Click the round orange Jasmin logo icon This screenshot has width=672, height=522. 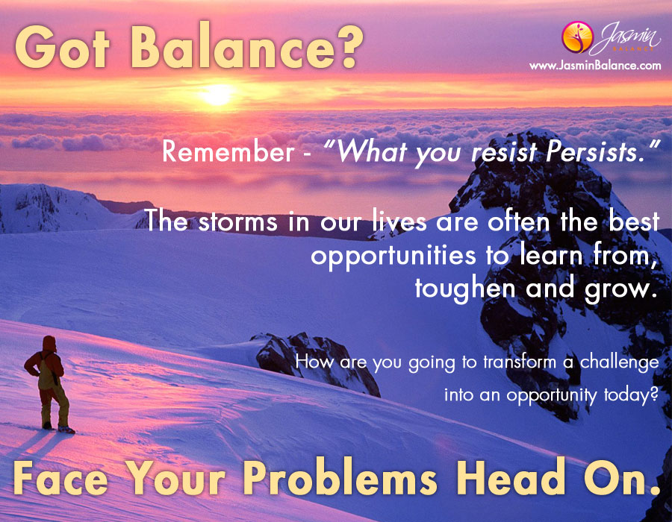[577, 37]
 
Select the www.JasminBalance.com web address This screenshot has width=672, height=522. [595, 66]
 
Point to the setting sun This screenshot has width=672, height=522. [218, 94]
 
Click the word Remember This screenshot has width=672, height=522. [228, 152]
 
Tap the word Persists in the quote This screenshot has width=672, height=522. [596, 151]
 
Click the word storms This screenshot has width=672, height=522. [237, 222]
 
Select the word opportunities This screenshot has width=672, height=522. [393, 257]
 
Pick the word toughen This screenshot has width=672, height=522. [465, 289]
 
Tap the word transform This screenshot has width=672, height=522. [520, 362]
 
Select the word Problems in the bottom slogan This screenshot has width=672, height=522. [340, 478]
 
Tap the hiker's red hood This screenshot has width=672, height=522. [49, 344]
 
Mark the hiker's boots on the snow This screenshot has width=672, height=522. [57, 427]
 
